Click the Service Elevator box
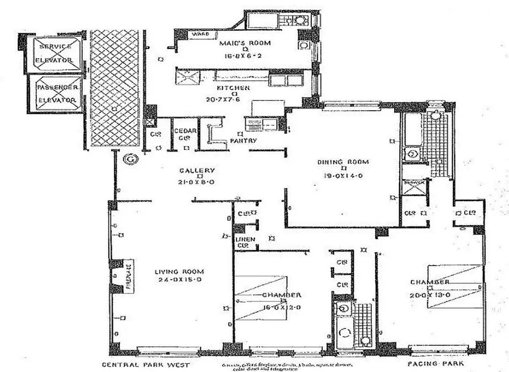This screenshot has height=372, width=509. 55,53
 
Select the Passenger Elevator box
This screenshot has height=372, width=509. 55,93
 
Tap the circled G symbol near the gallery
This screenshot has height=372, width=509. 129,159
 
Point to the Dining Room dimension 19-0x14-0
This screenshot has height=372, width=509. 343,176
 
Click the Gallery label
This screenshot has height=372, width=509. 199,170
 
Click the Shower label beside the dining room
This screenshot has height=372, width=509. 414,182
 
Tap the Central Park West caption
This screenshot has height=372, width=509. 146,365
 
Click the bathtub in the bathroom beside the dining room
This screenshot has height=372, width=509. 412,127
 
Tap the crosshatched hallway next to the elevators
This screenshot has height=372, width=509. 115,88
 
